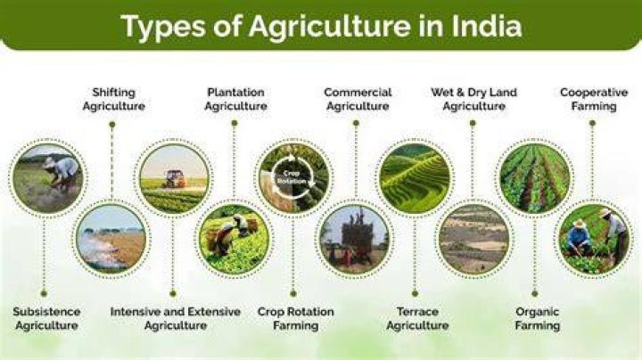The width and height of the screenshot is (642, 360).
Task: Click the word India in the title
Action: tap(487, 26)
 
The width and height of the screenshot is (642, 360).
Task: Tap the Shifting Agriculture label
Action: tap(114, 100)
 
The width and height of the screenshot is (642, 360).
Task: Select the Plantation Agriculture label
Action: tap(235, 100)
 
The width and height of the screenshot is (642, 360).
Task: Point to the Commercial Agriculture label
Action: tap(358, 100)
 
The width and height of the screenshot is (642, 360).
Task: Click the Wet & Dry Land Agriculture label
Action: tap(473, 100)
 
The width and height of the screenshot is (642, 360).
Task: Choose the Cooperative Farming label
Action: tap(594, 100)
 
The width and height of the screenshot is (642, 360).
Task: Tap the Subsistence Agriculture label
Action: tap(46, 319)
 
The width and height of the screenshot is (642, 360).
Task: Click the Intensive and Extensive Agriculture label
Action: tap(176, 319)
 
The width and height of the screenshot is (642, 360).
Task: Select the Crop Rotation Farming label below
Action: tap(296, 319)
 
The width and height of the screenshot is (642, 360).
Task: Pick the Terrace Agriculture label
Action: tap(417, 319)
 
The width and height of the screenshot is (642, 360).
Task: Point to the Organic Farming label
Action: tap(537, 319)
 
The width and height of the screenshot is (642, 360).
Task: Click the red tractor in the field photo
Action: tap(175, 179)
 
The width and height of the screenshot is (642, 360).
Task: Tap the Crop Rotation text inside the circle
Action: tap(292, 176)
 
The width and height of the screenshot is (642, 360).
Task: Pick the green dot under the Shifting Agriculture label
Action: tap(112, 124)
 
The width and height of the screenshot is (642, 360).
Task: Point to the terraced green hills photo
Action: tap(415, 178)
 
